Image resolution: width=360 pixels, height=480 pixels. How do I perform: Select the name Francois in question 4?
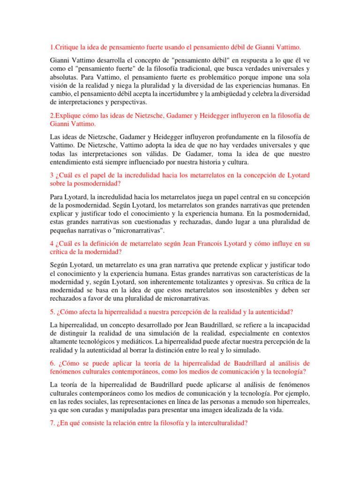[x=207, y=243]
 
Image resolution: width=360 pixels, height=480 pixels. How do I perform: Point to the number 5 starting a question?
[x=51, y=312]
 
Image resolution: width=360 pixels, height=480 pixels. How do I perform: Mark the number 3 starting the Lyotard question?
[x=51, y=175]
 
